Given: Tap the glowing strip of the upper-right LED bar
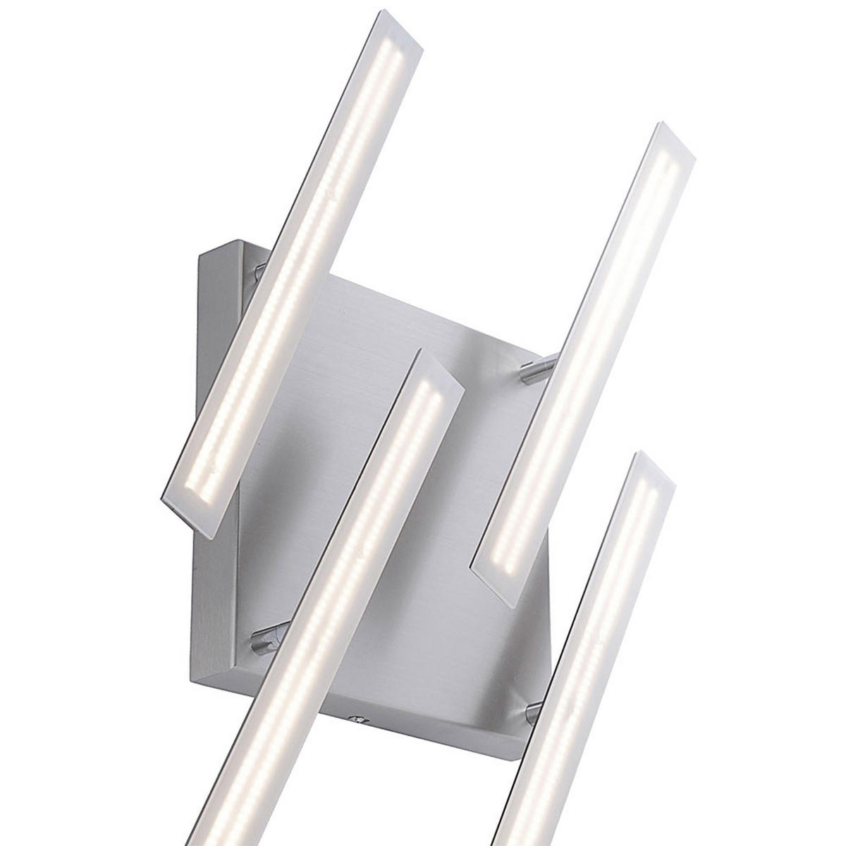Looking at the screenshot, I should (585, 352).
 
